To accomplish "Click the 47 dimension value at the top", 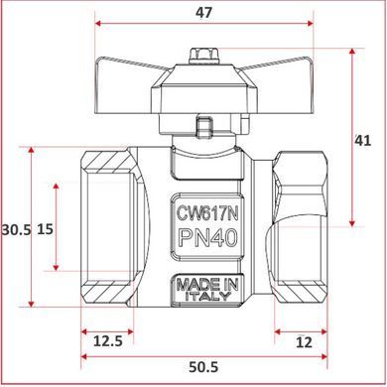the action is pos(203,13).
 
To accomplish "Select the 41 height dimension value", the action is pos(363,141).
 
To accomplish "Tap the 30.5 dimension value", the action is pos(16,229).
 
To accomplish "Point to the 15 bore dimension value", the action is pos(45,229).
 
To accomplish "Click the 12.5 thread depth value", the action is pos(108,340).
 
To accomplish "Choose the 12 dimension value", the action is pos(304,342).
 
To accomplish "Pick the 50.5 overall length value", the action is pos(203,367).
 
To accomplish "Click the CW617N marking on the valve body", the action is pos(207,213).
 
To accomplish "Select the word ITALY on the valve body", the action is pos(207,296).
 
